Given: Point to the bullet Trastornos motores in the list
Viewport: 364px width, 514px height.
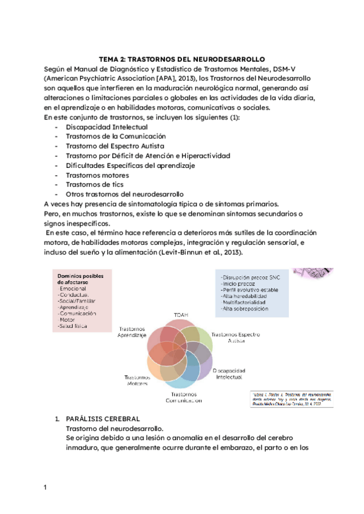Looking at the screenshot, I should pos(97,175).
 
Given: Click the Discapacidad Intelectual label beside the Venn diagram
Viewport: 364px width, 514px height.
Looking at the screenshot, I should pos(229,373).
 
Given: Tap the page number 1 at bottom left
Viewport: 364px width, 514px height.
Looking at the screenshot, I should pos(45,487).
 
